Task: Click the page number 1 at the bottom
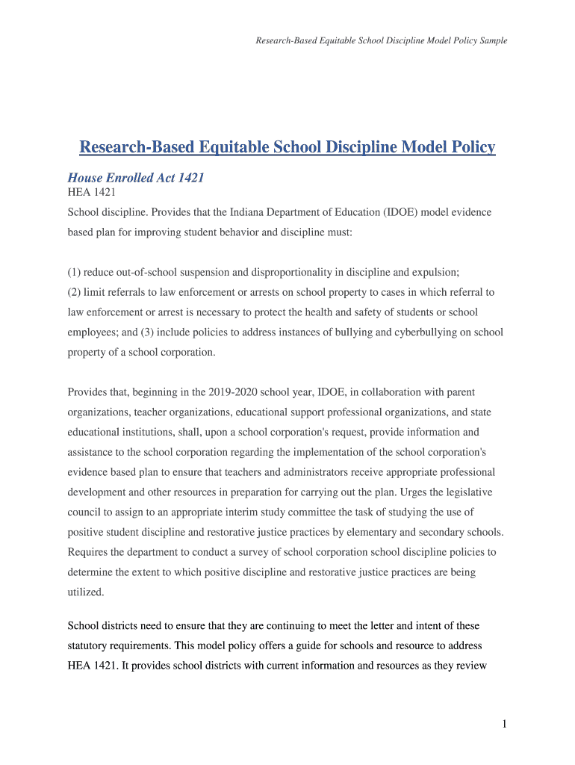tap(505, 724)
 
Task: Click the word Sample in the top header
tap(493, 41)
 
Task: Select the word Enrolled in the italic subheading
tap(132, 179)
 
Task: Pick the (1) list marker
tap(75, 272)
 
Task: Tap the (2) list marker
tap(75, 292)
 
